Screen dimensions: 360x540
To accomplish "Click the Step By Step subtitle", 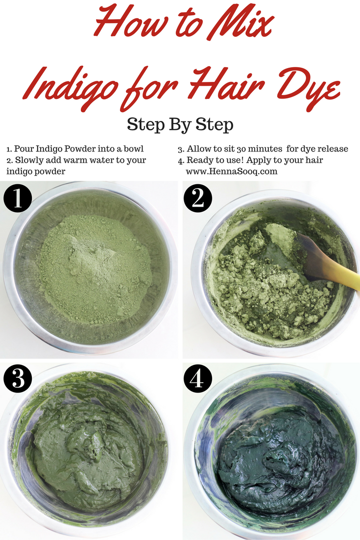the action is tap(180, 124).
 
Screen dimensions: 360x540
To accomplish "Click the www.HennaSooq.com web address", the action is tap(231, 171).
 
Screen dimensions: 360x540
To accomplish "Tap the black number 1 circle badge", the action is tap(18, 198).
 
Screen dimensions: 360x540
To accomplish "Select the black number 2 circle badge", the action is tap(197, 198).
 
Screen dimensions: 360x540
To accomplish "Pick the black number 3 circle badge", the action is tap(18, 378).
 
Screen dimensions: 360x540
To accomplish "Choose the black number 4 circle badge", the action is tap(197, 378).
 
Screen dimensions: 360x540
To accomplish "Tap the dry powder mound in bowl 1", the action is tap(94, 269).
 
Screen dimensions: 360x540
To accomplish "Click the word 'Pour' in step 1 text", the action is tap(24, 149).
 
